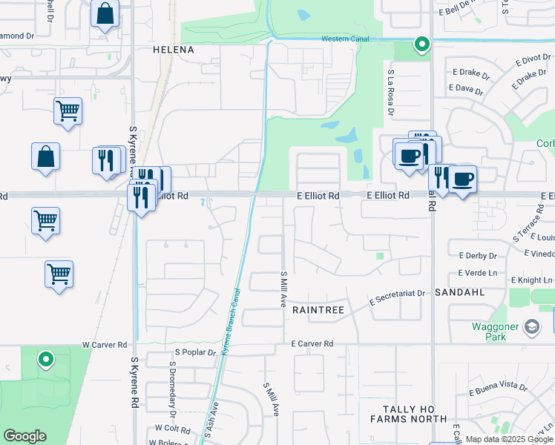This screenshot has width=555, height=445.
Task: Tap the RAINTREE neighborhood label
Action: [318, 309]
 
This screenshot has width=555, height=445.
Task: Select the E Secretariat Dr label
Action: [398, 294]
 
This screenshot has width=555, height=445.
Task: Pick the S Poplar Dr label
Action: [194, 352]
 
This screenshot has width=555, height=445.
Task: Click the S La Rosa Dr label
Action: [390, 93]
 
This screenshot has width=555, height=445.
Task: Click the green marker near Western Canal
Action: [421, 44]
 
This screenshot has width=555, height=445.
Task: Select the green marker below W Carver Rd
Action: [46, 360]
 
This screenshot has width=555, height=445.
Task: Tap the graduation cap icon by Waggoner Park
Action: [532, 326]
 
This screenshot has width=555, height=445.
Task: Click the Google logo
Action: [24, 436]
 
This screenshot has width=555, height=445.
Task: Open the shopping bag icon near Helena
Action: [105, 13]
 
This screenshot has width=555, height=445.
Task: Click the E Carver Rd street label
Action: [312, 344]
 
